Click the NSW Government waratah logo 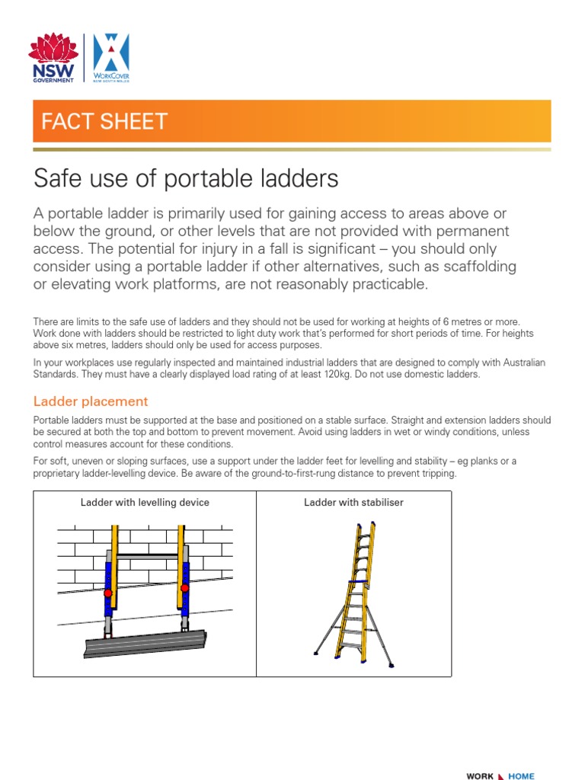tap(52, 57)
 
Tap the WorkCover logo tap(111, 59)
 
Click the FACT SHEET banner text tap(104, 122)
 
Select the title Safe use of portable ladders tap(186, 179)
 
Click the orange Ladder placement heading tap(91, 401)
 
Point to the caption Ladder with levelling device tap(145, 503)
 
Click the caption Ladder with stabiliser tap(353, 503)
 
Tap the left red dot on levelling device tap(108, 593)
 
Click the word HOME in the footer tap(522, 776)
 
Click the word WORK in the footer tap(480, 776)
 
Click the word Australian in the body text tap(523, 362)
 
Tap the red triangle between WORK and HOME tap(500, 776)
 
